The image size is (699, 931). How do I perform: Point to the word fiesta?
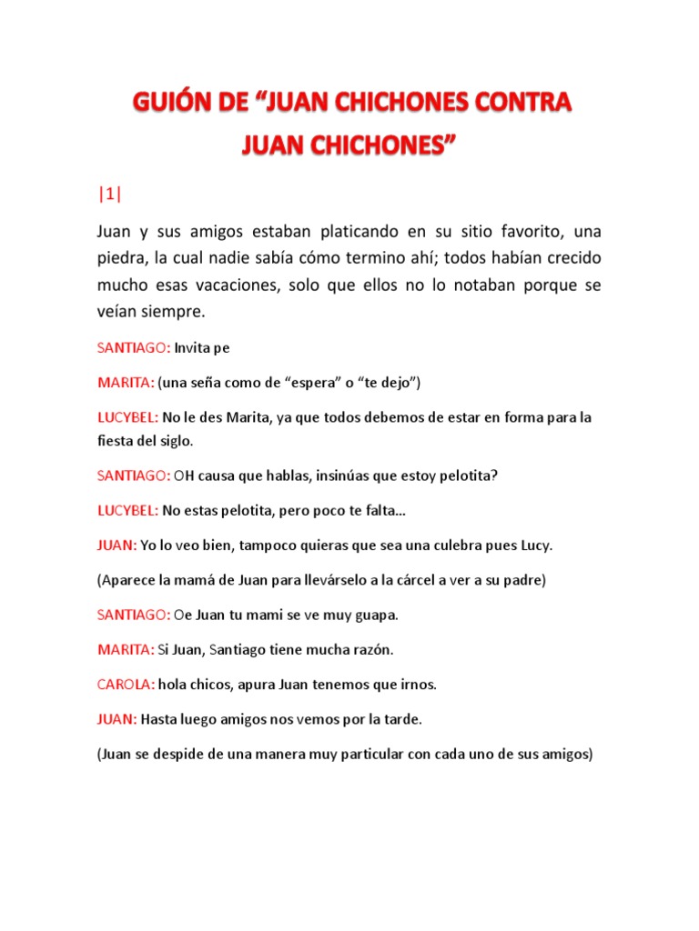point(116,441)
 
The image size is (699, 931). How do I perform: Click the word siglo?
point(175,441)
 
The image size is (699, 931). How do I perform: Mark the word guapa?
point(374,615)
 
